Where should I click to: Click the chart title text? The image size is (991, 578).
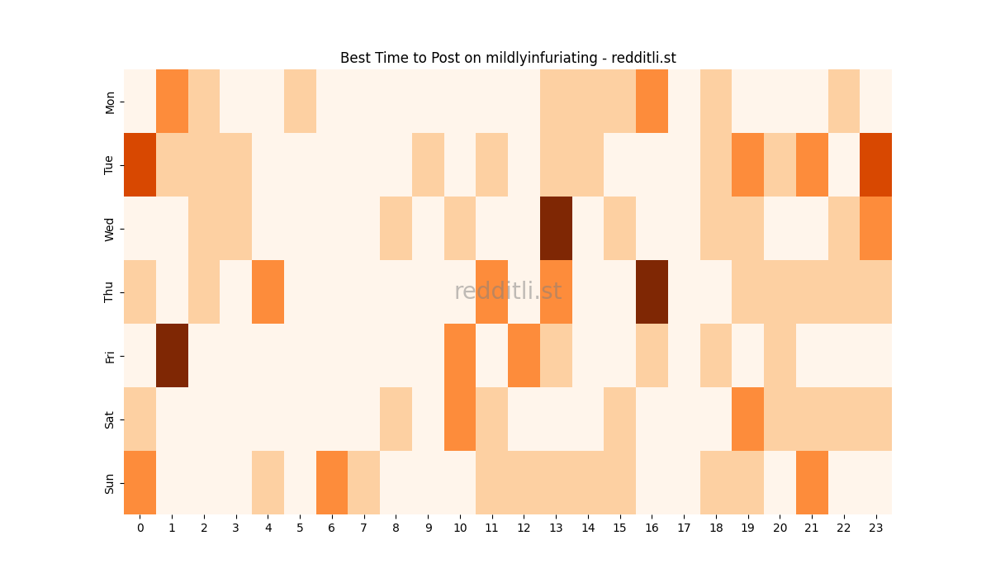pos(508,58)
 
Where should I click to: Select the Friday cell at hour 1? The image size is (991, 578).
pos(172,355)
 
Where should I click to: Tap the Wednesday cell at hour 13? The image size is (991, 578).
pos(556,228)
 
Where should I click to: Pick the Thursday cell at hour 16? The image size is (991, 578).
pos(652,291)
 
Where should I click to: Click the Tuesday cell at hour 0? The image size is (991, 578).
pos(140,164)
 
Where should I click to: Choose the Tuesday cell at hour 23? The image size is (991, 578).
pos(876,164)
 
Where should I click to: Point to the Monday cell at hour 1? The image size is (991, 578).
pos(172,101)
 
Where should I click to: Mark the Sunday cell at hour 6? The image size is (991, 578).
pos(332,482)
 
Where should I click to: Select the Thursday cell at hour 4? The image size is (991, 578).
pos(268,291)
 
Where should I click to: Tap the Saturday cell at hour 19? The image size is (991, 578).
pos(748,419)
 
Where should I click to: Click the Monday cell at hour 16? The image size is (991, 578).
pos(652,101)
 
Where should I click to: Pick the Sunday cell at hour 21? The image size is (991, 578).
pos(812,482)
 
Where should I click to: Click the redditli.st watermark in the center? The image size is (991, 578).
pos(508,291)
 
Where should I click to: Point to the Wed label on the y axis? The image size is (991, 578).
pos(110,228)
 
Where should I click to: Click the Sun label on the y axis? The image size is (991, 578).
pos(110,482)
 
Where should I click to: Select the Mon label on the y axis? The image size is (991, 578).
pos(110,101)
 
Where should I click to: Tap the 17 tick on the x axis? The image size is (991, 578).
pos(684,527)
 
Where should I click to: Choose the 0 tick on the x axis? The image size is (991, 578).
pos(140,527)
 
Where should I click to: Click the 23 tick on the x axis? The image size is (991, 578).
pos(876,527)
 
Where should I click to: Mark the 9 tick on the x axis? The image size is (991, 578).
pos(428,527)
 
